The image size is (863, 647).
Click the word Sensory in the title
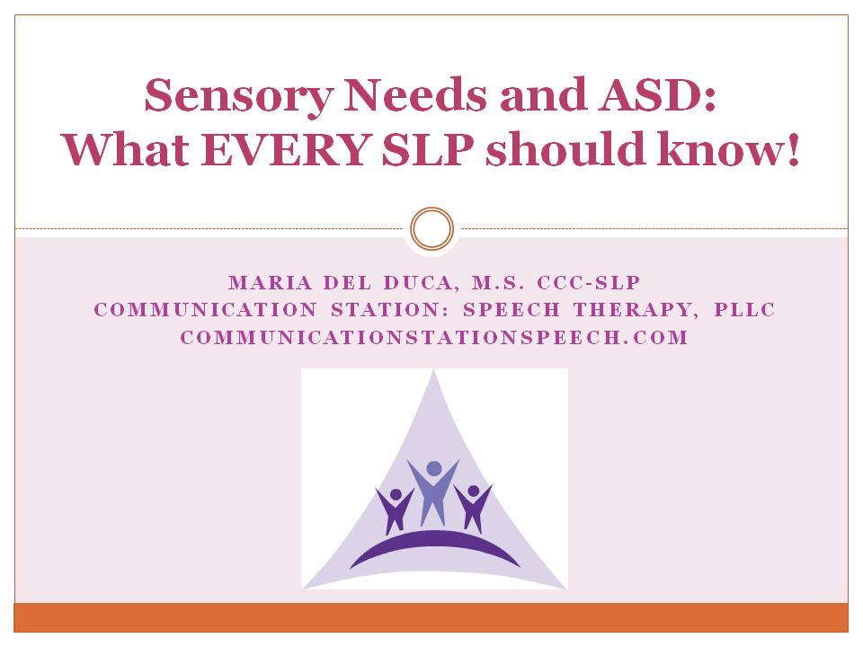point(239,97)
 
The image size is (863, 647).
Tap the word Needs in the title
point(415,94)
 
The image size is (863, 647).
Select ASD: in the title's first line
point(657,94)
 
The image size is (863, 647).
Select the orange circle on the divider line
point(432,229)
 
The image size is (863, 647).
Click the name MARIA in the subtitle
point(271,283)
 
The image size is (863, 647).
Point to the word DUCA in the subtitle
point(417,283)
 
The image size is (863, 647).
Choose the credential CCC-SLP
point(589,283)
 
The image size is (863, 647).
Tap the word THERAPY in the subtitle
point(632,310)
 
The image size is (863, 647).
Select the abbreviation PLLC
point(744,310)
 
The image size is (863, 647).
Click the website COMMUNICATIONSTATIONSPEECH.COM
point(434,337)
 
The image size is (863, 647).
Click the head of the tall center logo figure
point(434,469)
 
